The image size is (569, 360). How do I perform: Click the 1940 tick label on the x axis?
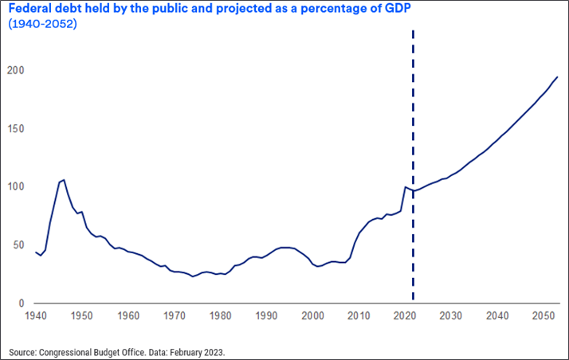pos(35,316)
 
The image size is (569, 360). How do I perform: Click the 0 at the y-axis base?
pos(22,303)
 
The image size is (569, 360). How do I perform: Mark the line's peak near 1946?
pos(64,180)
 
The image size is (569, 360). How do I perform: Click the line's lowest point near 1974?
pos(193,276)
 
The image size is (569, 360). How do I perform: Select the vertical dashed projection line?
pos(414,159)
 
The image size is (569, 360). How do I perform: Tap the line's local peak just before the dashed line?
pos(406,187)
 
